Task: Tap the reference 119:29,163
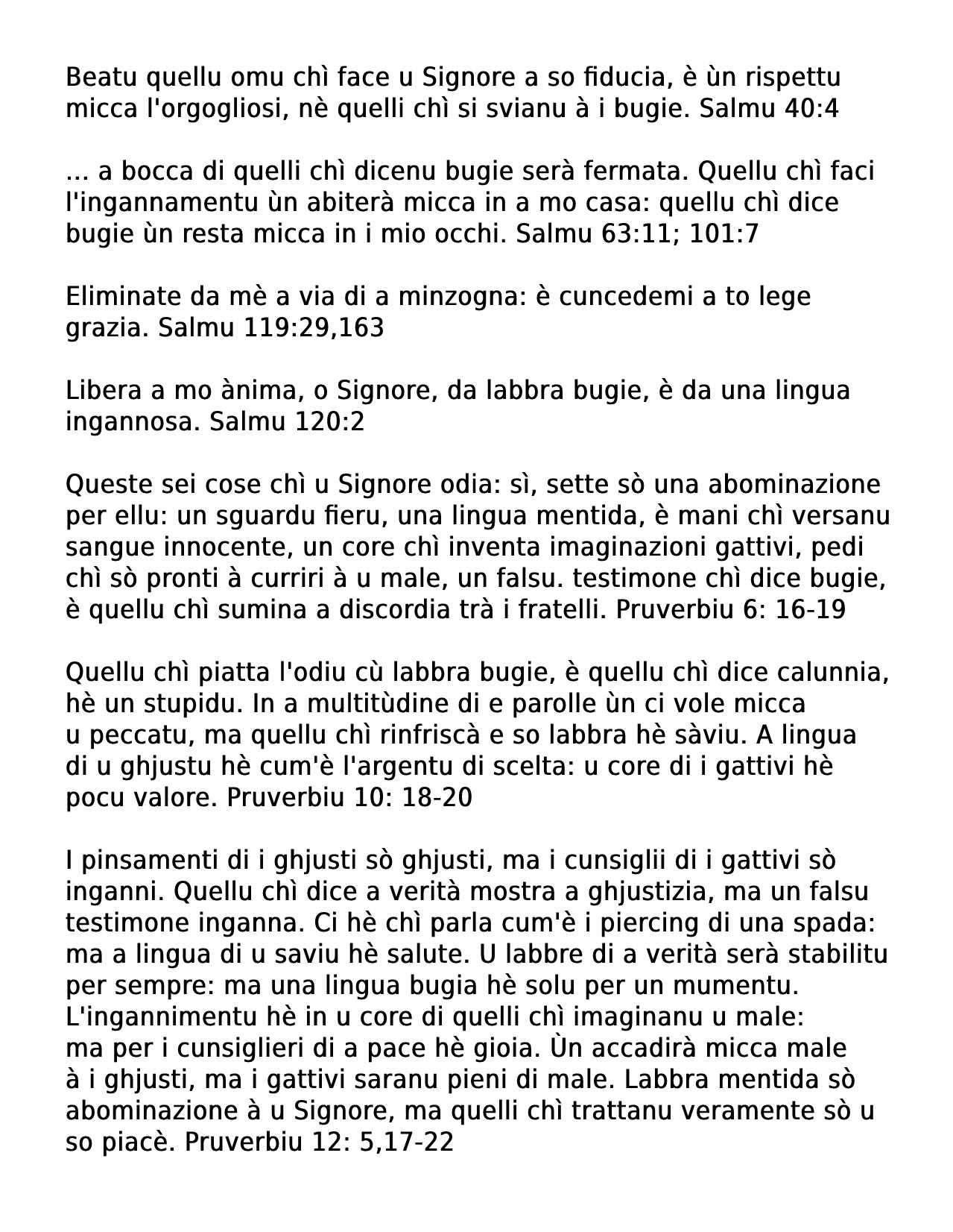[314, 328]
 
